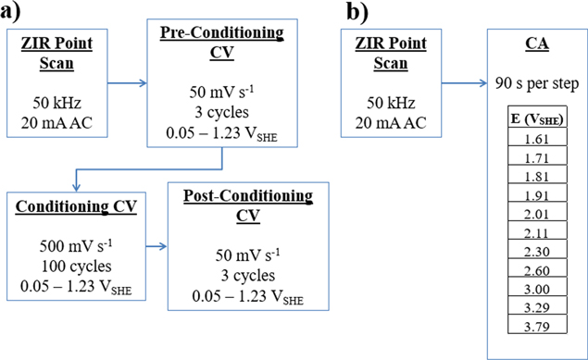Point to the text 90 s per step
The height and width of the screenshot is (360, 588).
[537, 85]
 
